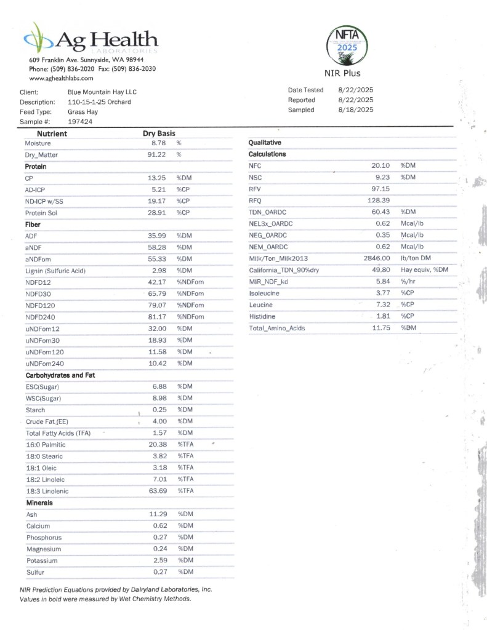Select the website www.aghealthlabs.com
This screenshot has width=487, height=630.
[x=61, y=79]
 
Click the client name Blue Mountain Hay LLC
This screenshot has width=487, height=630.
[x=102, y=92]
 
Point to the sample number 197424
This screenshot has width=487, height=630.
[x=81, y=122]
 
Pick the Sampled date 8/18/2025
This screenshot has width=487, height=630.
[x=355, y=110]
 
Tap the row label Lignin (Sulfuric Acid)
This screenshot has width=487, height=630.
[x=55, y=271]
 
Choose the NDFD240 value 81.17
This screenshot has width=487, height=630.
[x=159, y=317]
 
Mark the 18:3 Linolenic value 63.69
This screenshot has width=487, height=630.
[x=159, y=491]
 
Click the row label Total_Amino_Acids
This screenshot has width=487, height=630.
[x=276, y=329]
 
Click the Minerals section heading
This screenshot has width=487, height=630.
[x=39, y=503]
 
